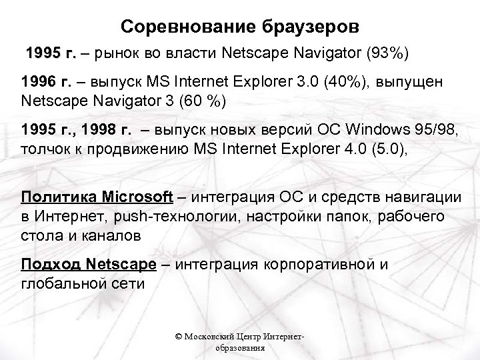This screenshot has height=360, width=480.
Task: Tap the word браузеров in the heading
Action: coord(304,27)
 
